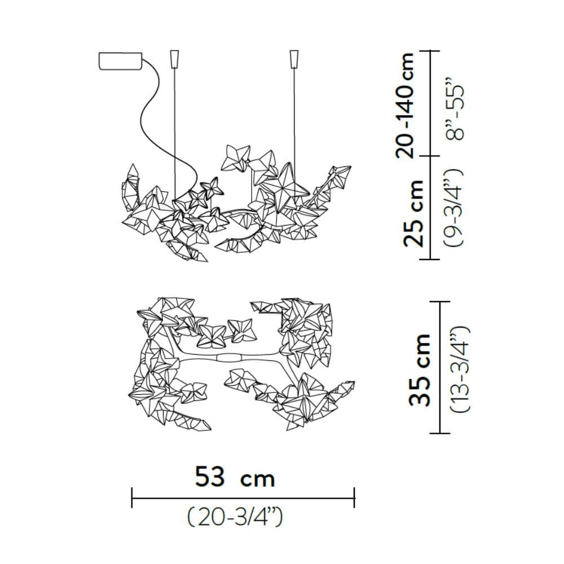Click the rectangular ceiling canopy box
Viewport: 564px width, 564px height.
[x=120, y=61]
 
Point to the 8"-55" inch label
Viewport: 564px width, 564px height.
[x=455, y=108]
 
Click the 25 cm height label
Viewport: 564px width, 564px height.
[x=413, y=214]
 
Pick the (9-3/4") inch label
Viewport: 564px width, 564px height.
[x=454, y=208]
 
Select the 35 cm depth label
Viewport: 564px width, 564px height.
[x=420, y=370]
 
